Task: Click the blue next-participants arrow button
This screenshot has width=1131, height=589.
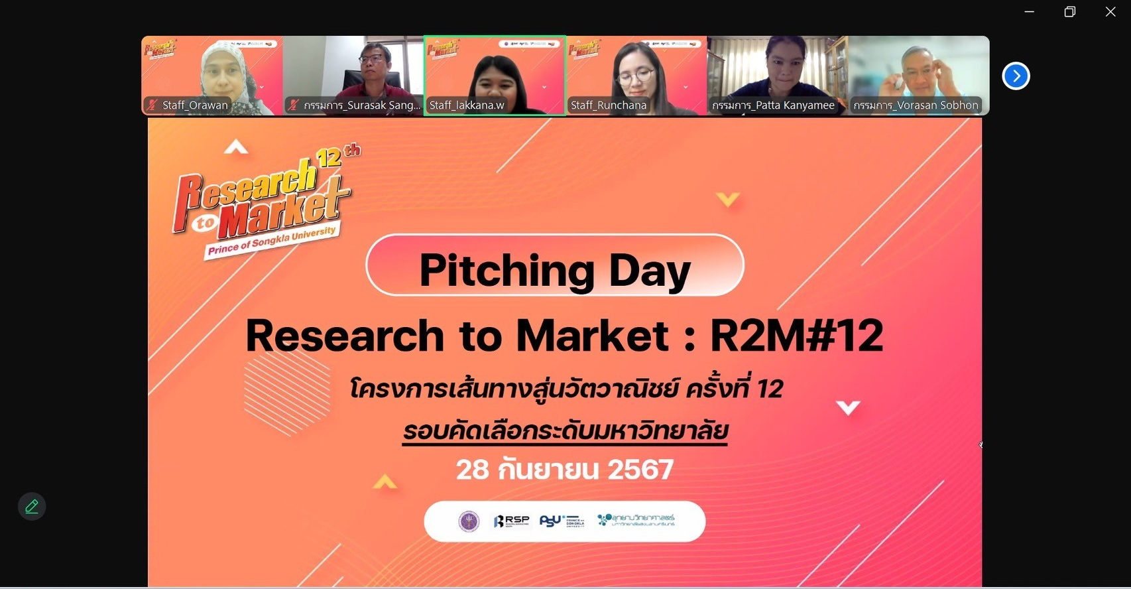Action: point(1016,76)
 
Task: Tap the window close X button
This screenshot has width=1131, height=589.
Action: point(1110,12)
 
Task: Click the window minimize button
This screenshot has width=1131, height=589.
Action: point(1029,12)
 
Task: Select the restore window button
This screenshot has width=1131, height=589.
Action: point(1069,12)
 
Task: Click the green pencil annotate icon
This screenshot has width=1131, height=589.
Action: point(31,507)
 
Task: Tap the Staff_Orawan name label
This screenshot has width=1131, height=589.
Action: point(194,105)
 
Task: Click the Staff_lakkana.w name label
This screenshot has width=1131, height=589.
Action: point(467,105)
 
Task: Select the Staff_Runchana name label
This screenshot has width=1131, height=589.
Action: point(608,105)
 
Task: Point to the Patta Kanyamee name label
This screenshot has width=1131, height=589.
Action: point(773,105)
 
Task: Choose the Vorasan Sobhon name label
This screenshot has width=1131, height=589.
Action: point(916,105)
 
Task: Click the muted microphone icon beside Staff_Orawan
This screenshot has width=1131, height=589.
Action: point(152,105)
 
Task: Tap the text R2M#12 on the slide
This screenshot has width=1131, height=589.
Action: point(796,336)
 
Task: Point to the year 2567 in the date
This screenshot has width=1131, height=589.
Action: point(640,470)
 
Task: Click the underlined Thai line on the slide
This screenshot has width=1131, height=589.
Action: point(565,431)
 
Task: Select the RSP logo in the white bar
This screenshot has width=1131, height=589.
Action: point(511,521)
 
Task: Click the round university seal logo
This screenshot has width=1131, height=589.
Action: point(469,521)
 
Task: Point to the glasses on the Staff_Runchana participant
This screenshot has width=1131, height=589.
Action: point(635,75)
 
